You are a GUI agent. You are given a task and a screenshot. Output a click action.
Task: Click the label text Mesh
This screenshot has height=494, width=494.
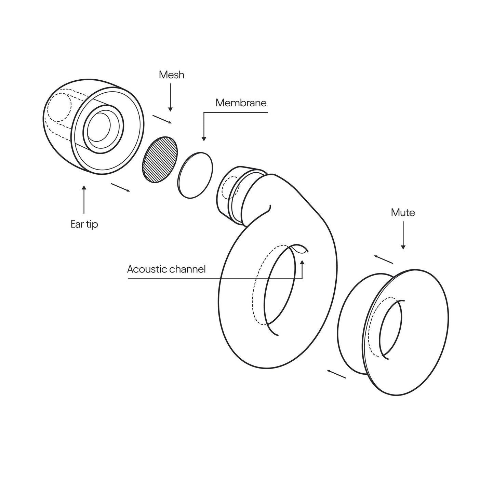coord(172,75)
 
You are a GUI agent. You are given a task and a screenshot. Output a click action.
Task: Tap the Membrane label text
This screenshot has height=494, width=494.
coord(241,103)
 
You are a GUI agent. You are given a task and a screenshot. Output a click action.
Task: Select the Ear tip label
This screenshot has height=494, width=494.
coord(84,224)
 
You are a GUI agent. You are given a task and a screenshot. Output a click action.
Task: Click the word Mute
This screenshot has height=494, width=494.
coord(403,213)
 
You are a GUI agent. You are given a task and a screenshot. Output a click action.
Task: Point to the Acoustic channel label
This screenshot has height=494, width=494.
coord(166,269)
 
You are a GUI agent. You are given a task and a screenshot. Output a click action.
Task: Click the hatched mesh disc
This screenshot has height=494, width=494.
coord(160,159)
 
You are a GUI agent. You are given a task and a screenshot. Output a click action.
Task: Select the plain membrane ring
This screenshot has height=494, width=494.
coord(195,175)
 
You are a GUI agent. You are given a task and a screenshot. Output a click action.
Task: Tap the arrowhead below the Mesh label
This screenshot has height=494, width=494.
coord(171,109)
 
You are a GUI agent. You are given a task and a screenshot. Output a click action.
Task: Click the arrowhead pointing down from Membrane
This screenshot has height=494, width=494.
coord(204,139)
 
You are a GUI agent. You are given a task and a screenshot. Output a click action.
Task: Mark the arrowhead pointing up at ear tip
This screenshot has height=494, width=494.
coord(84,188)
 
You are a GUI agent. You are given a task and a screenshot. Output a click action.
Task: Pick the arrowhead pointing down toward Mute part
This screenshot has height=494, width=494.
coord(403,247)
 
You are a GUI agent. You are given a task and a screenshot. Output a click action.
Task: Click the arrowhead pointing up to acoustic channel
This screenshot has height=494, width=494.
coord(302,262)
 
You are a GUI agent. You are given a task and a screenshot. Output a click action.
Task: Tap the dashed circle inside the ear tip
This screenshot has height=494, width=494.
coord(60,107)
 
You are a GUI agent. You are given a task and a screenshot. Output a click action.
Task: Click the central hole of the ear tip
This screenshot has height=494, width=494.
coord(99,126)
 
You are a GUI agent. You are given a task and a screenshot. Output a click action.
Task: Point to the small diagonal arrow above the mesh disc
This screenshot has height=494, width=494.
coord(162,119)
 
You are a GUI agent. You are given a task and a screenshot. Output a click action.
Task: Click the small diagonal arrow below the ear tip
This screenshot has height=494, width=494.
coord(120,187)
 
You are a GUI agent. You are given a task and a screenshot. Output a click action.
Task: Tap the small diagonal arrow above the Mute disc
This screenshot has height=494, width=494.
coord(384,259)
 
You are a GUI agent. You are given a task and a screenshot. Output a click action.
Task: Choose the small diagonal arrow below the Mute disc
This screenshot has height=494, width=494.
coord(337,374)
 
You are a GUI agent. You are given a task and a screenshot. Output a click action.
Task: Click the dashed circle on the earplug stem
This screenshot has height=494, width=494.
coord(230,187)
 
